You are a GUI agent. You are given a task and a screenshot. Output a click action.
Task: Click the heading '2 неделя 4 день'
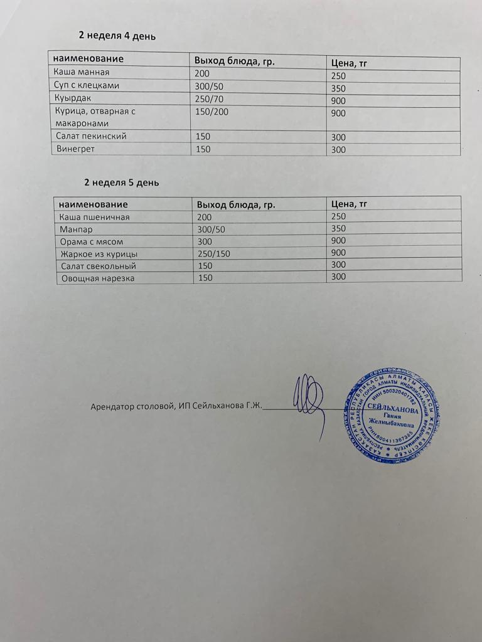tap(116, 36)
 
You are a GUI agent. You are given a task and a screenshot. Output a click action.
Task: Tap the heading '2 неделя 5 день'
tap(122, 182)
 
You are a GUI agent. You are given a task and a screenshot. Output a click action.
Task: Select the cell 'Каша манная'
tap(82, 72)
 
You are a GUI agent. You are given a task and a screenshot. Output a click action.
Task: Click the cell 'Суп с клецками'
tap(87, 85)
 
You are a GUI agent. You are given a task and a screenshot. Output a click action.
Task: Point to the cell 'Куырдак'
tap(73, 98)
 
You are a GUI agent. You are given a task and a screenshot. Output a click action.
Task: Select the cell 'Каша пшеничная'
tap(94, 217)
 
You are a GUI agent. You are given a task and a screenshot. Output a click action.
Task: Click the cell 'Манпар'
tap(76, 229)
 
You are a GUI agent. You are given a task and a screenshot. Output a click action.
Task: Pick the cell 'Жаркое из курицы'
tap(99, 254)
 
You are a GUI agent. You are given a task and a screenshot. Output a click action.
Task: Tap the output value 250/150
tap(214, 254)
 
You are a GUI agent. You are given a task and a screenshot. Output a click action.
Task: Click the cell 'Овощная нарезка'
tap(97, 278)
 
